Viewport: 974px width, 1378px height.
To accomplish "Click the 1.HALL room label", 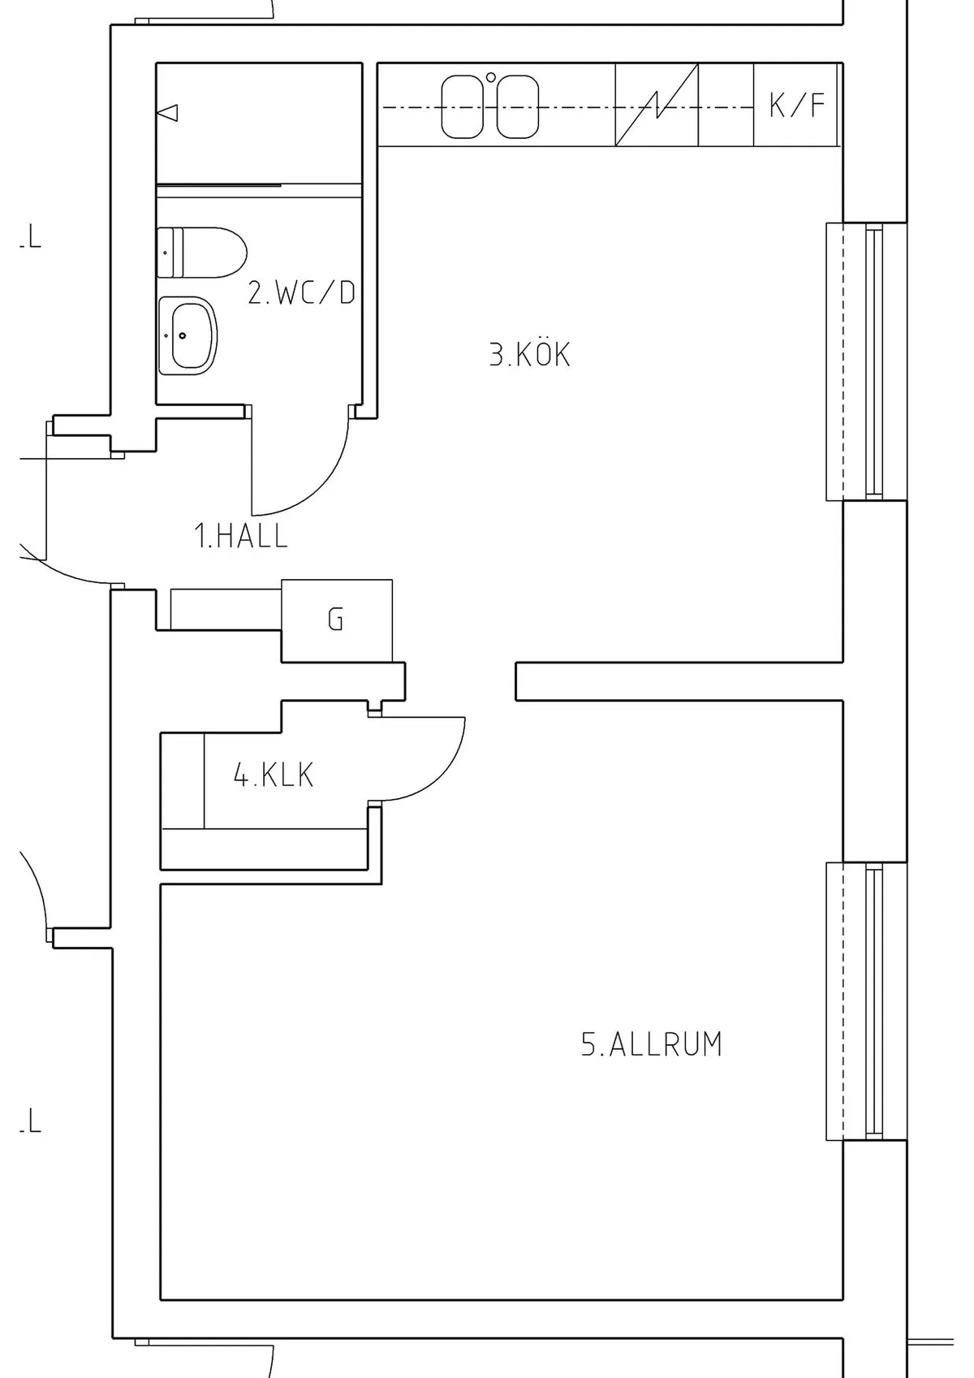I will pyautogui.click(x=241, y=537).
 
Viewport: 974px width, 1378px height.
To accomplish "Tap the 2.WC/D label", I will pyautogui.click(x=301, y=292).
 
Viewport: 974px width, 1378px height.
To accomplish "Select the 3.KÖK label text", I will pyautogui.click(x=529, y=355).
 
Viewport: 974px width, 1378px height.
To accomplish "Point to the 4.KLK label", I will pyautogui.click(x=274, y=775).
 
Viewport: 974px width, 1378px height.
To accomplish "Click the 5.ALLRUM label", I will pyautogui.click(x=651, y=1044).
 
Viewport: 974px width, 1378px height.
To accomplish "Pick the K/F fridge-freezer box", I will pyautogui.click(x=796, y=105).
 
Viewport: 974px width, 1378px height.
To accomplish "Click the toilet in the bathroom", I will pyautogui.click(x=202, y=253).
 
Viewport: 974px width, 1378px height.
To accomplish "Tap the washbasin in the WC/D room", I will pyautogui.click(x=188, y=335).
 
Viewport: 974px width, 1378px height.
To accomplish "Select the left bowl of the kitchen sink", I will pyautogui.click(x=462, y=106).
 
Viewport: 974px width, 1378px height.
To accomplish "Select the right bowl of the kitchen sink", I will pyautogui.click(x=517, y=106).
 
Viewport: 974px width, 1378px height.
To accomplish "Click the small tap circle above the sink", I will pyautogui.click(x=490, y=78).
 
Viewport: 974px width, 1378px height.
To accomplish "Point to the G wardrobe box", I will pyautogui.click(x=337, y=620).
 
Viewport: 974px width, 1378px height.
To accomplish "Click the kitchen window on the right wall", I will pyautogui.click(x=867, y=361).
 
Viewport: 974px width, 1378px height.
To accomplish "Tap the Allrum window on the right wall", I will pyautogui.click(x=867, y=1001).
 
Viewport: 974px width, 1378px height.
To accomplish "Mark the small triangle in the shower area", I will pyautogui.click(x=169, y=113).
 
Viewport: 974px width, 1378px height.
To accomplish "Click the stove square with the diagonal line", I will pyautogui.click(x=657, y=106).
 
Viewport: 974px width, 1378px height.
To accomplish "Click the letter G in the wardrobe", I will pyautogui.click(x=335, y=620).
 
